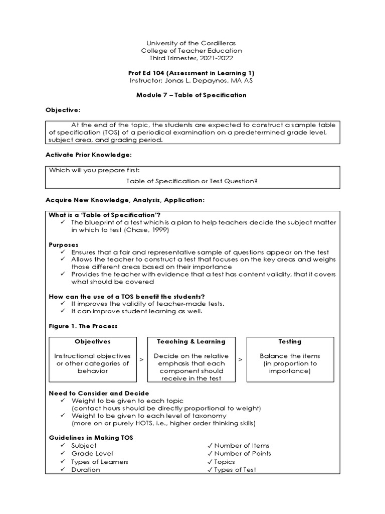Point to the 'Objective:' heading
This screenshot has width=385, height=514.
pyautogui.click(x=63, y=110)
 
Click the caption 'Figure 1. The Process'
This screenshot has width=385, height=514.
pyautogui.click(x=83, y=326)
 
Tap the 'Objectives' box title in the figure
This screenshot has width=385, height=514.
pyautogui.click(x=93, y=341)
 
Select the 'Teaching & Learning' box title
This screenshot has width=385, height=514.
pyautogui.click(x=191, y=341)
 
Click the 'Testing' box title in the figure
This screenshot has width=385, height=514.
pyautogui.click(x=290, y=341)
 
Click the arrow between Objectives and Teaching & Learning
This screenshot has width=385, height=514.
pyautogui.click(x=142, y=360)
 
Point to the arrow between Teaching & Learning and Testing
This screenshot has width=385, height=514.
pyautogui.click(x=240, y=360)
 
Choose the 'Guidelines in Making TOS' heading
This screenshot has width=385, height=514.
pyautogui.click(x=90, y=438)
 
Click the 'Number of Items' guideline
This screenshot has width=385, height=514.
pyautogui.click(x=242, y=446)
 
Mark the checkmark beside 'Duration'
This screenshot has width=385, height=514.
pyautogui.click(x=62, y=470)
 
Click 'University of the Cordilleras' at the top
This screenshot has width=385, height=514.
pyautogui.click(x=192, y=43)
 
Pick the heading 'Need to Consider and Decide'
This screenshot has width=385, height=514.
pyautogui.click(x=99, y=393)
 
